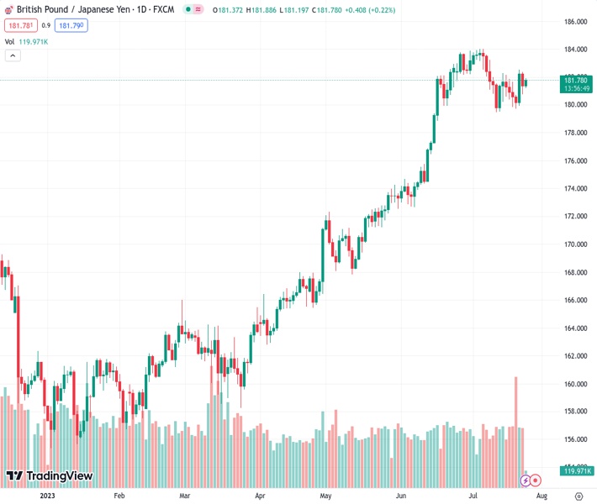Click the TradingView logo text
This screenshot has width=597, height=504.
pos(59,476)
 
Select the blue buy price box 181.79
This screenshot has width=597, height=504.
pos(71,25)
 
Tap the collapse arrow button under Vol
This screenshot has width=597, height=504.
pos(13,55)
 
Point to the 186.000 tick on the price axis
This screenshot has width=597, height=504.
pos(575,22)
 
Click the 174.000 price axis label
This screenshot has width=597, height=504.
pos(575,189)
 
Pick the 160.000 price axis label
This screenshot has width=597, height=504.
pos(575,384)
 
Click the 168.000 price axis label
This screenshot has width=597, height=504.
pos(575,272)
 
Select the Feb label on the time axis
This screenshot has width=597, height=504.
pos(119,496)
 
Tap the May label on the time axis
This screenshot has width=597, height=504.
pos(325,496)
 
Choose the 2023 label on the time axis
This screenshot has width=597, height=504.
pos(48,496)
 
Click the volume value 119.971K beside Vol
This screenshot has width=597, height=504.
pos(34,41)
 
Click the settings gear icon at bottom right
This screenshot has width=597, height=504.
pos(579,496)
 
